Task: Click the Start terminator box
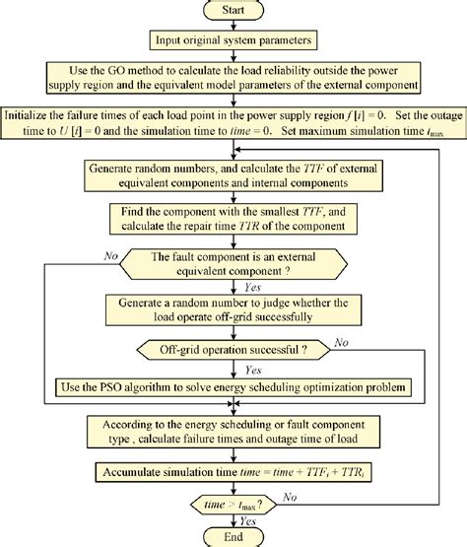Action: pos(233,12)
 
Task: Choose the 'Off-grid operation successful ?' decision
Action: pos(233,349)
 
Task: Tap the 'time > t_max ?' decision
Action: pos(233,505)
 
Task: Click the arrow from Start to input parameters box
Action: pos(233,26)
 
